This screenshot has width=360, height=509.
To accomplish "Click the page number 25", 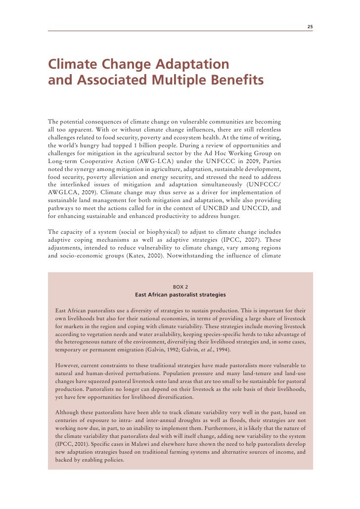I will coord(310,26).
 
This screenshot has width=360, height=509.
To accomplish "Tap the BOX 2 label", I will coord(180,286).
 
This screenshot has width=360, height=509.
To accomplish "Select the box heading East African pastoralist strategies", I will coord(180,295).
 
